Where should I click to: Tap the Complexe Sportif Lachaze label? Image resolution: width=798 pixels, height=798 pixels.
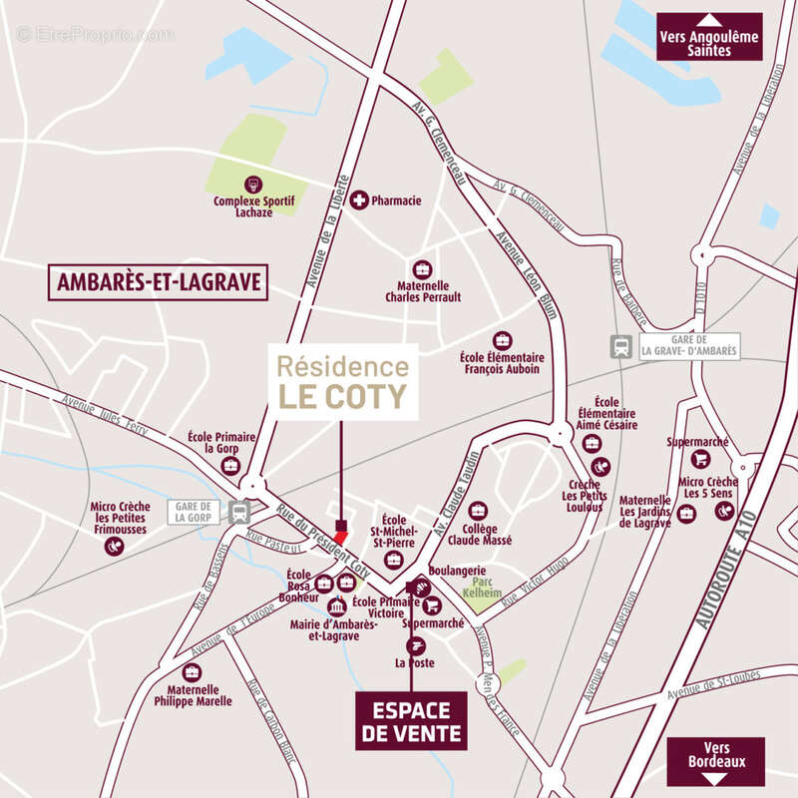click(254, 206)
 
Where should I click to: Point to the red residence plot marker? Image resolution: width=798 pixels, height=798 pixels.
click(341, 538)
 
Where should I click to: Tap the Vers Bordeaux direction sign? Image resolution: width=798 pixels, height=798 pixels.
click(715, 761)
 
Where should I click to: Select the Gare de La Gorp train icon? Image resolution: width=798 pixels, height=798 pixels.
click(238, 513)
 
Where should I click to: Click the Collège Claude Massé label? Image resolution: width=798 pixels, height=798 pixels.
click(487, 533)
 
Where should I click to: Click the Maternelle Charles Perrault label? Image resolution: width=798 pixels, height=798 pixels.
click(422, 290)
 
